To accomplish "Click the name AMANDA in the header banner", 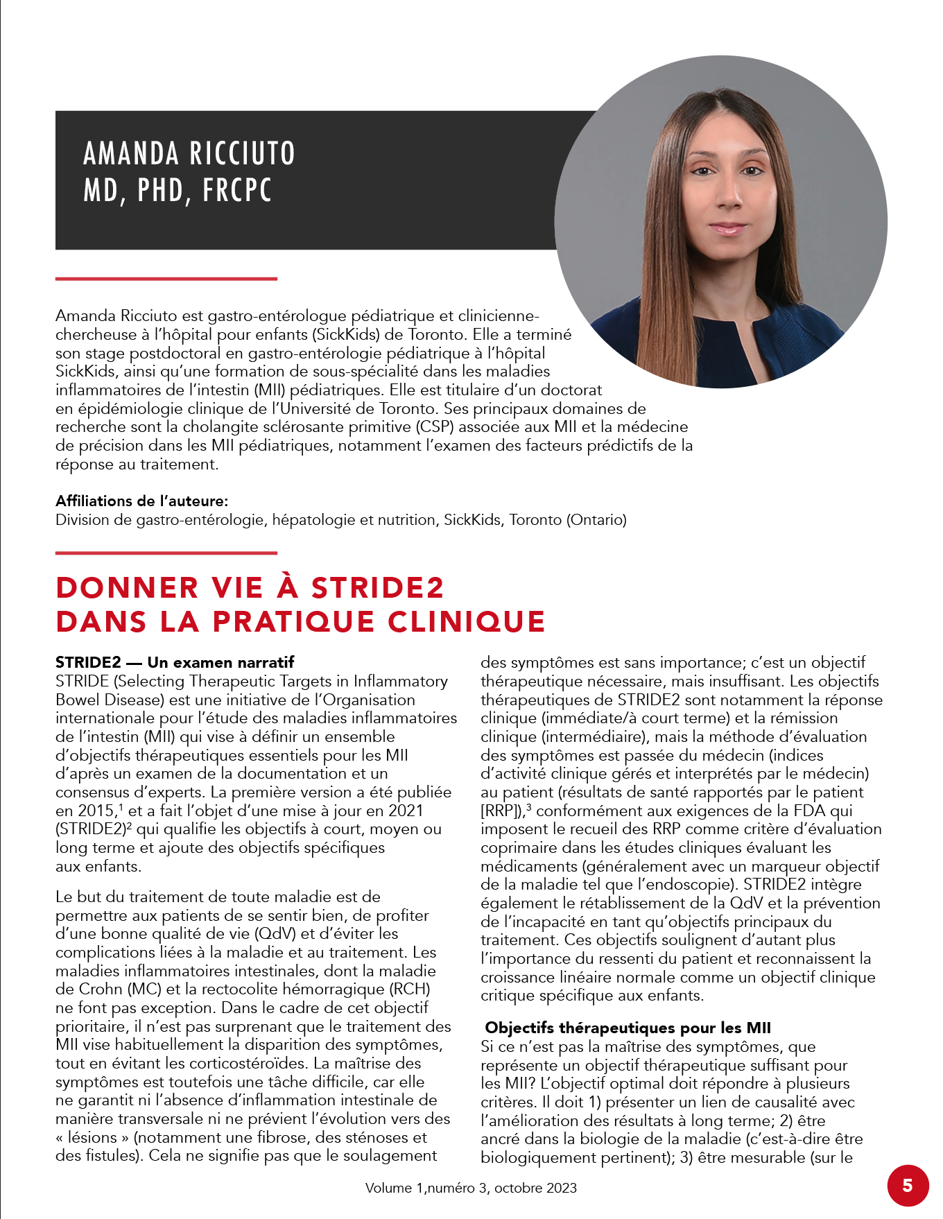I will (131, 153).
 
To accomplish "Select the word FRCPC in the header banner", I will (237, 190).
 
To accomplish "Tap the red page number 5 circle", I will (908, 1185).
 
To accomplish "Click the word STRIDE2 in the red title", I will (377, 588).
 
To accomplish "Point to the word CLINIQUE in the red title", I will (466, 621).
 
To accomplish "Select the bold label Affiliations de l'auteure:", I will (141, 501).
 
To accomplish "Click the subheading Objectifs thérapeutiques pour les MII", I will (628, 1028).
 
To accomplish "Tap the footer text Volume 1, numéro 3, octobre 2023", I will (471, 1188).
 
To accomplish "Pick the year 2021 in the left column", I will (406, 811).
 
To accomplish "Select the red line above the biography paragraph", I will (166, 279).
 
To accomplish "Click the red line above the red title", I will (166, 553).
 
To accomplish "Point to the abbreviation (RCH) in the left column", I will (410, 989).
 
